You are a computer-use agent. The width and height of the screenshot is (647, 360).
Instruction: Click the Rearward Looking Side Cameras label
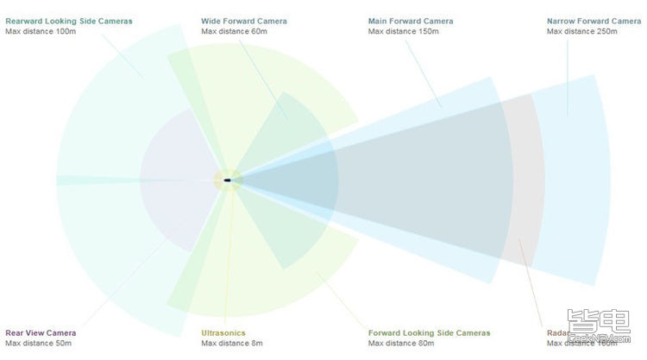[x=69, y=21]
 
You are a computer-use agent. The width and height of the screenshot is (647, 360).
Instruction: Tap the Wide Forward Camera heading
[x=245, y=21]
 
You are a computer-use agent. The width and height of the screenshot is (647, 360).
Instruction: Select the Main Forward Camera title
[x=411, y=21]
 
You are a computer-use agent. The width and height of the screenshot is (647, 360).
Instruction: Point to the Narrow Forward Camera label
[x=594, y=21]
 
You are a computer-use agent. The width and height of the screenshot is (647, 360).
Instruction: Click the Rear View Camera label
[x=41, y=332]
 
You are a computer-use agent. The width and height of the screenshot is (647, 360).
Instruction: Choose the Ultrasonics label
[x=223, y=332]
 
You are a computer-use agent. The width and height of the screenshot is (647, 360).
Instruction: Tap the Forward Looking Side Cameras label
[x=429, y=332]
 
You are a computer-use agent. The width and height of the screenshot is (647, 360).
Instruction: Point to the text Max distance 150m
[x=404, y=31]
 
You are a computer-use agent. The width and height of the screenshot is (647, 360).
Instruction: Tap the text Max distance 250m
[x=582, y=31]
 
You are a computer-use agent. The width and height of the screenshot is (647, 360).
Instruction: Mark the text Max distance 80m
[x=401, y=343]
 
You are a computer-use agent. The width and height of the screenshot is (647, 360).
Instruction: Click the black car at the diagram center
[x=228, y=180]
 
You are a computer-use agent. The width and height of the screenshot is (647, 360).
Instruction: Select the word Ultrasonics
[x=223, y=332]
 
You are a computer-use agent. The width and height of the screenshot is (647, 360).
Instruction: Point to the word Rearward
[x=24, y=21]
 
